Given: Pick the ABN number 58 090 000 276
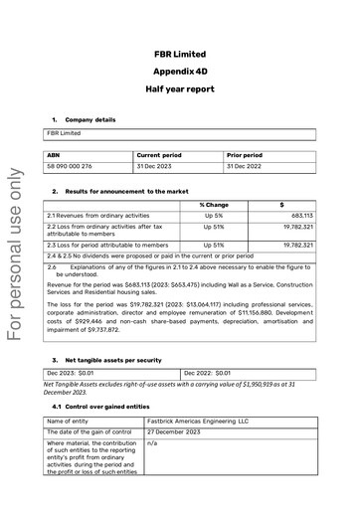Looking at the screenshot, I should (x=70, y=166).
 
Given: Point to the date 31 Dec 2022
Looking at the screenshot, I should (x=245, y=166).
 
